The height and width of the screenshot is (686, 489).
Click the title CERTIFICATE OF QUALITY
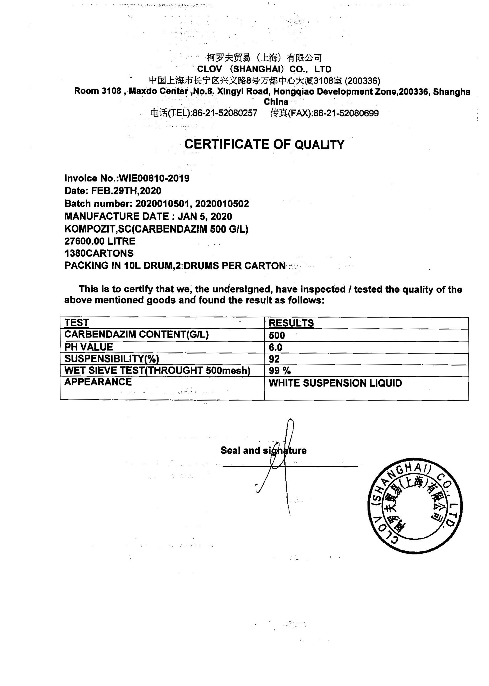264,144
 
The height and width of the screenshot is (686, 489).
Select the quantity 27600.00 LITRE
100,241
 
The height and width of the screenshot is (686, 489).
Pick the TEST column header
77,323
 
